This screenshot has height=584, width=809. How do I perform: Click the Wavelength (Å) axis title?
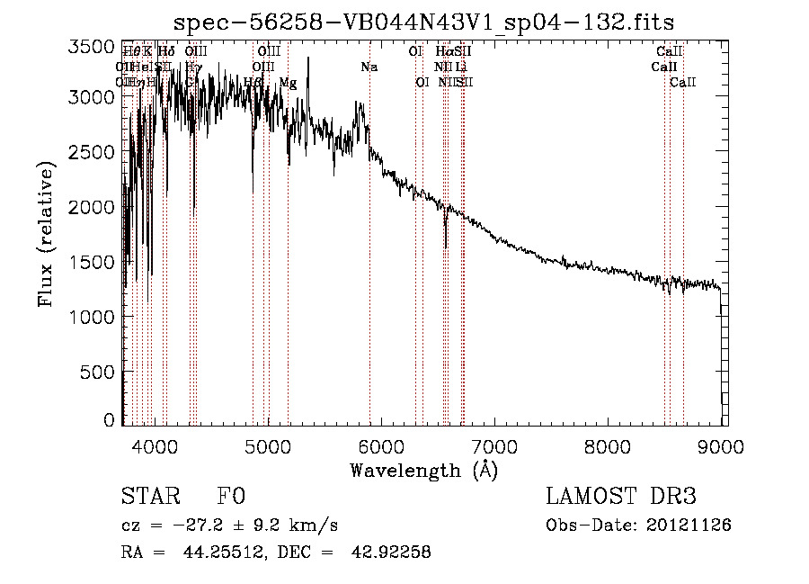click(423, 470)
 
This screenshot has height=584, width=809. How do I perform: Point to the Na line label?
click(369, 67)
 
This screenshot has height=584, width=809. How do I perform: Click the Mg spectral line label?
click(288, 83)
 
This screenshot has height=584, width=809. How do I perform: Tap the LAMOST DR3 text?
click(621, 497)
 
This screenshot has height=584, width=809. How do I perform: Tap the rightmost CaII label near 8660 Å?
click(683, 83)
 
